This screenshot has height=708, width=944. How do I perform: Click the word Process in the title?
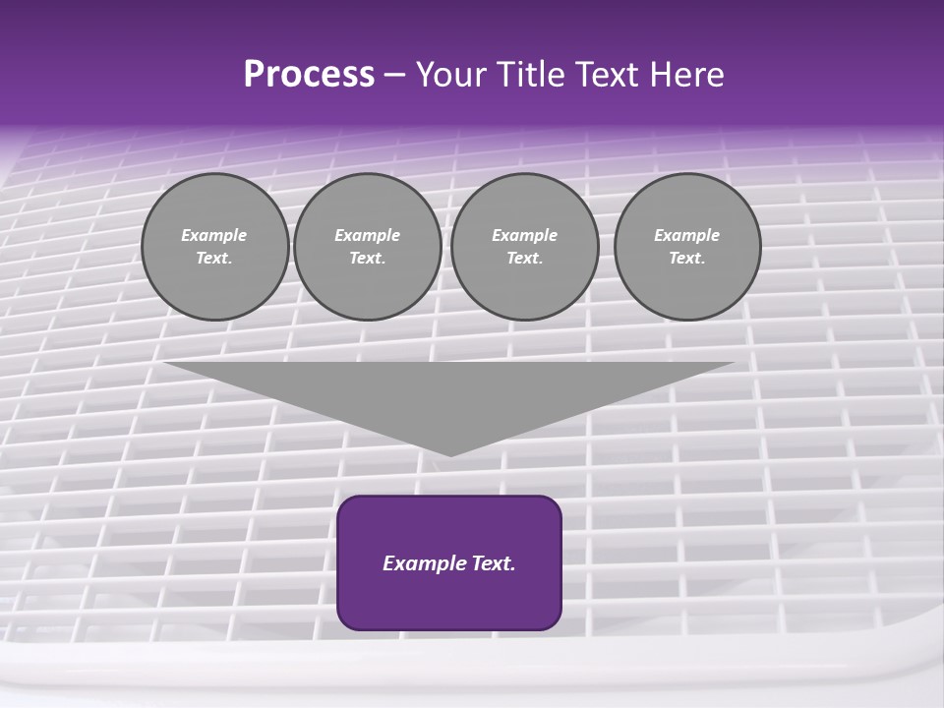pyautogui.click(x=309, y=75)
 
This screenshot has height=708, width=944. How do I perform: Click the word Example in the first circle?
pyautogui.click(x=214, y=235)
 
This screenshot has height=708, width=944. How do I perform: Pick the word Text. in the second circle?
pyautogui.click(x=368, y=259)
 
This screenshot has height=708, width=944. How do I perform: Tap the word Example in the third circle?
pyautogui.click(x=525, y=235)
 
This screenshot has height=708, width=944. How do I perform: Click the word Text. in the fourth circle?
pyautogui.click(x=687, y=259)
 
